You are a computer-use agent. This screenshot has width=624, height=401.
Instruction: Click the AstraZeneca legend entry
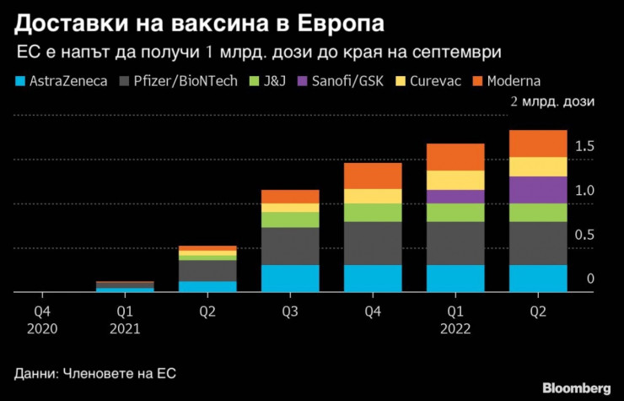point(59,81)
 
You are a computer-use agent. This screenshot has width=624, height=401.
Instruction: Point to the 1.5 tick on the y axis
point(584,147)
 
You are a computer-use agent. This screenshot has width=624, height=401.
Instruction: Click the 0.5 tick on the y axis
point(584,235)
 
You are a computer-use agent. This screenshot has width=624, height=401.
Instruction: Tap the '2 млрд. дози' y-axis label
point(552,102)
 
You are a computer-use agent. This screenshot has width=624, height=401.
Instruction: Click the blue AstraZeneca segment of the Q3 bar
point(290,278)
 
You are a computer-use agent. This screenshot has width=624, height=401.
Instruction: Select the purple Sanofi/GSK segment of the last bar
point(538,189)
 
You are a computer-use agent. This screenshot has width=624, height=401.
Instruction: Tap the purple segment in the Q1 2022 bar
point(455,196)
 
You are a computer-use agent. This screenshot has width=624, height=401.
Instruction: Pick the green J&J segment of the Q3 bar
point(290,219)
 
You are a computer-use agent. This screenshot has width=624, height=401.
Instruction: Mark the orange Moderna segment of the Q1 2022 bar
point(455,157)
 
